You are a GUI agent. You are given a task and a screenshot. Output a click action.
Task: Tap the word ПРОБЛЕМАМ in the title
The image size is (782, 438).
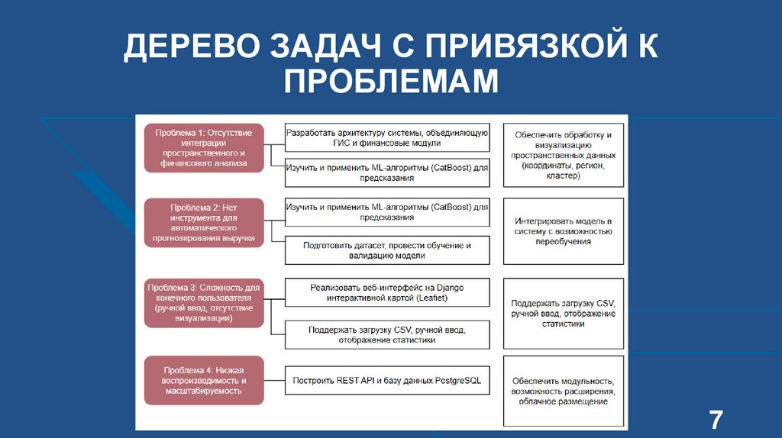point(391,81)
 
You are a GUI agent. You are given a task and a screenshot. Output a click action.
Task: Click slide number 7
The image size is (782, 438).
point(715,420)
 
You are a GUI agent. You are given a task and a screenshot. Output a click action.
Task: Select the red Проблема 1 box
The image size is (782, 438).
point(204,147)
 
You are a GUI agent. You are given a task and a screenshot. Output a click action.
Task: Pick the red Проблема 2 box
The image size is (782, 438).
point(204,222)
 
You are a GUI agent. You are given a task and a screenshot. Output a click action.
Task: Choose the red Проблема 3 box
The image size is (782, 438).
point(204,303)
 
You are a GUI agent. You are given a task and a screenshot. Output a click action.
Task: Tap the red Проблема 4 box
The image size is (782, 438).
point(204,379)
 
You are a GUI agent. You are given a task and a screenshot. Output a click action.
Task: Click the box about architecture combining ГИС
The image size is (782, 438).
point(387,137)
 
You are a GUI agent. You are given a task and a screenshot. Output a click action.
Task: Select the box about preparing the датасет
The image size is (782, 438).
point(387,250)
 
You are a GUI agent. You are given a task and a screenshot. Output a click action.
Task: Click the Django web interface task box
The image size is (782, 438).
point(387,292)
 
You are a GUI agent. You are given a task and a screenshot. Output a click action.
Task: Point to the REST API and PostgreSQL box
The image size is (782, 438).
point(387,380)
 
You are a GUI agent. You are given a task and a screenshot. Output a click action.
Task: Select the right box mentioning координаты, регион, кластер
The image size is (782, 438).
point(564,155)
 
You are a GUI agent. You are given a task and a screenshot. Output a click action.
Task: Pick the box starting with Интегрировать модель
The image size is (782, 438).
point(564,230)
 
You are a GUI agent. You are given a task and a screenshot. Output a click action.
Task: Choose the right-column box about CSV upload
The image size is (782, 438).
point(564,313)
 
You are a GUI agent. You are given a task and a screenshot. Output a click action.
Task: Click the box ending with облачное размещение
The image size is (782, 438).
point(564,391)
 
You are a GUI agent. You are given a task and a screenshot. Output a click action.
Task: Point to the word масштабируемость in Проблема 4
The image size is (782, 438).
point(202,390)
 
